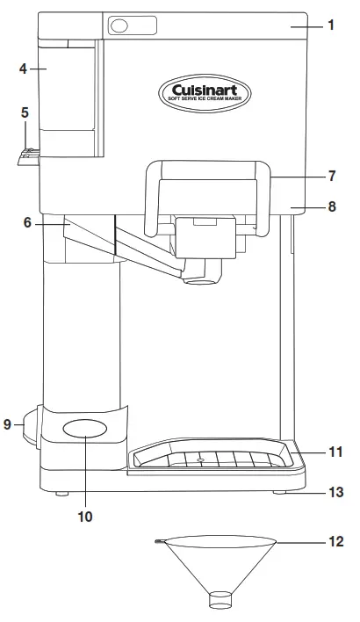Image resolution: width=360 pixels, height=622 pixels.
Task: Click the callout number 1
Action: pos(331,25)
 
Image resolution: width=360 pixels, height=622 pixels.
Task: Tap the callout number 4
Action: pos(23,69)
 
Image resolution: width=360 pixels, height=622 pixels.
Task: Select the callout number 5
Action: pos(25,112)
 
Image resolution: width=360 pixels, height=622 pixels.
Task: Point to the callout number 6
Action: pos(27,223)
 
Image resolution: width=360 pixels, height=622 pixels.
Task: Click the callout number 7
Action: pos(332,176)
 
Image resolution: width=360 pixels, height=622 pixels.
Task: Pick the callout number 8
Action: pos(332,206)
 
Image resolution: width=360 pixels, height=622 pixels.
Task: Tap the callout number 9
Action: pos(7,424)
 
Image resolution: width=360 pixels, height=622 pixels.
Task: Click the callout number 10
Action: pos(85,517)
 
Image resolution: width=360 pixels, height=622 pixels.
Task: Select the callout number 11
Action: pos(335,452)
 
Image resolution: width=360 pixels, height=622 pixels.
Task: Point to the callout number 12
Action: pos(336,541)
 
